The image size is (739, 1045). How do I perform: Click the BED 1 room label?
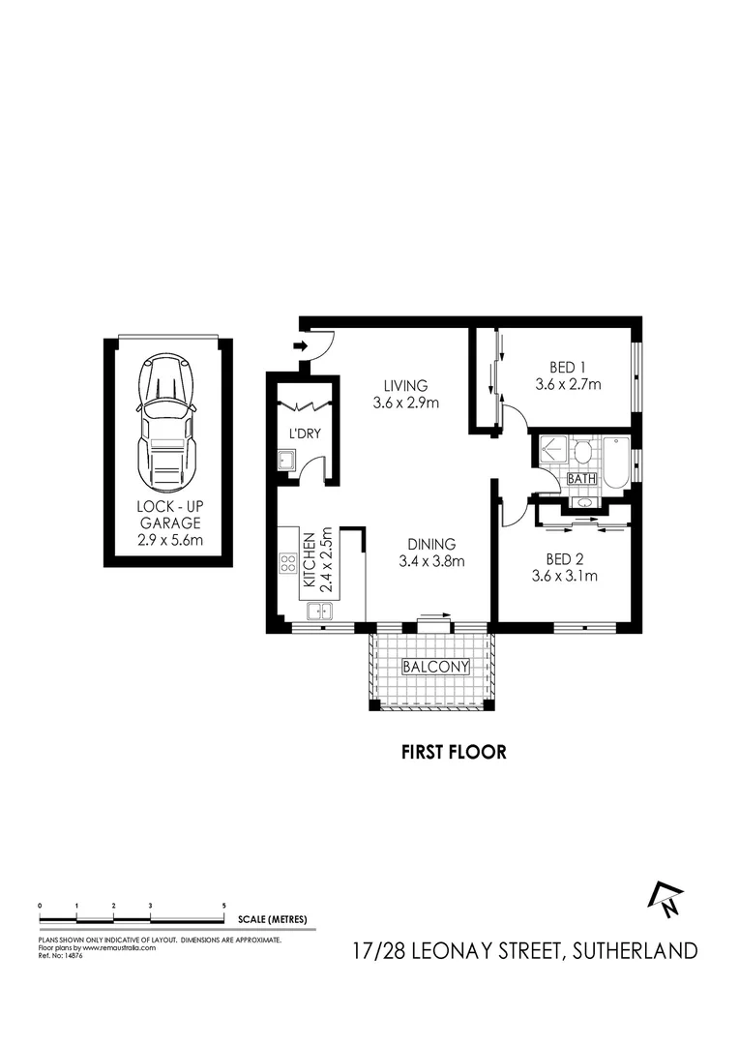(x=568, y=375)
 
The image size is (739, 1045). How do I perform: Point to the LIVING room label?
(x=405, y=394)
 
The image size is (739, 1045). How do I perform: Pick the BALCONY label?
(x=435, y=667)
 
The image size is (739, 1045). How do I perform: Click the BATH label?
(x=581, y=479)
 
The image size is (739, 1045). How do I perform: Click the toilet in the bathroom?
(x=582, y=453)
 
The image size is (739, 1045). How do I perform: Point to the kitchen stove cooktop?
(x=288, y=561)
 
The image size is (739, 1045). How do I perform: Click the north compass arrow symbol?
(x=666, y=899)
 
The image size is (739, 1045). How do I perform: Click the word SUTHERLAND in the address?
(x=635, y=950)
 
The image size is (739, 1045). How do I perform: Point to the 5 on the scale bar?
(x=223, y=904)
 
